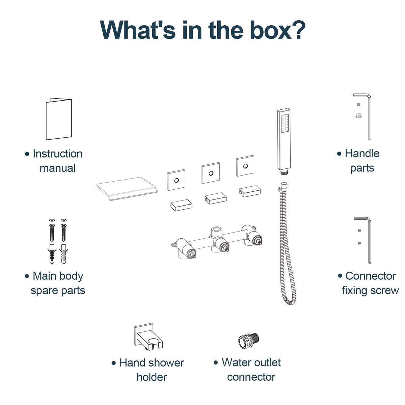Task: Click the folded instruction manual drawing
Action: pos(59,119)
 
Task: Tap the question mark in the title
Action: pos(297,30)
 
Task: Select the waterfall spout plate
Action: pos(127,189)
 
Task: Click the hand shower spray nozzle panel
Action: pos(285,124)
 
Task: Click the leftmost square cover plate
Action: pos(176,180)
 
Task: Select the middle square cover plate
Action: pos(211,173)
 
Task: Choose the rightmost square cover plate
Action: pos(245,166)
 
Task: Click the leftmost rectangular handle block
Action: pos(181,205)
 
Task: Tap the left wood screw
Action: pos(52,233)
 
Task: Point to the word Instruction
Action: pos(58,154)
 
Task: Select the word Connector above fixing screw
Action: pos(371,276)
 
